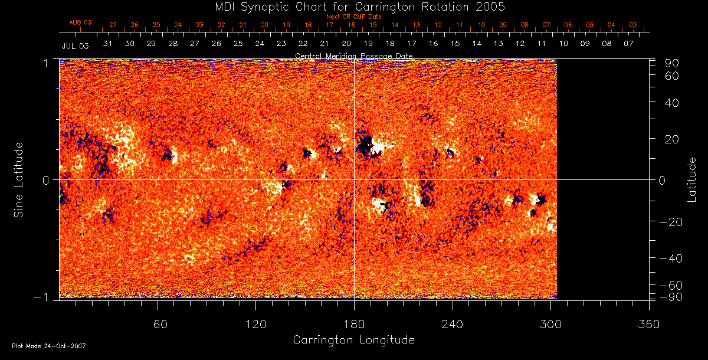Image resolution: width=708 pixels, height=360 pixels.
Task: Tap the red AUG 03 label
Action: pos(81,22)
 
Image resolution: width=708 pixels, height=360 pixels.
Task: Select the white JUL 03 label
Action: pos(75,45)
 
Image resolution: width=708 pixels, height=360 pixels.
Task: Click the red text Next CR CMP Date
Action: pos(354,17)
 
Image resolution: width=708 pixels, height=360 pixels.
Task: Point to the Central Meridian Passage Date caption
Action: pos(354,55)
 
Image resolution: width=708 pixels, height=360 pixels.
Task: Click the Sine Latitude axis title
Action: pos(19,179)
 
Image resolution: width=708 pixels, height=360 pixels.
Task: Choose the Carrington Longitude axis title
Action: pos(354,340)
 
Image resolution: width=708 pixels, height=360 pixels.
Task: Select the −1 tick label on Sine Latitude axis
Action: pos(42,297)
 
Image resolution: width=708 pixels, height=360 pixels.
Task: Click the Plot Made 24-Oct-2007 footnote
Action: pos(49,346)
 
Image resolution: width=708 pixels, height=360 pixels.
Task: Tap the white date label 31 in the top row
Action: pos(108,44)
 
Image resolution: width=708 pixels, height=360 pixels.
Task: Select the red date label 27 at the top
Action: pos(113,25)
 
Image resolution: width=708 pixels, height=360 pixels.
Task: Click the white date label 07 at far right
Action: pos(628,44)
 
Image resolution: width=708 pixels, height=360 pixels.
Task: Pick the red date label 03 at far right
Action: pos(632,25)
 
